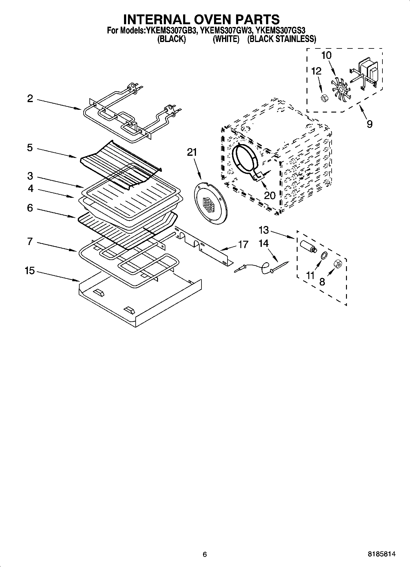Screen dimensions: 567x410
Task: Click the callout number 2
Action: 30,99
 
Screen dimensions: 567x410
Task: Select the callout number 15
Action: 30,271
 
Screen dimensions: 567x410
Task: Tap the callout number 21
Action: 192,152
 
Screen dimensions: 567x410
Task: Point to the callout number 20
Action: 270,195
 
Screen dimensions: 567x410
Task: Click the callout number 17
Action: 243,244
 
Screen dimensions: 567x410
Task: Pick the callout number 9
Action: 370,124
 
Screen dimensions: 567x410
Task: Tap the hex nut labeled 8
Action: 338,263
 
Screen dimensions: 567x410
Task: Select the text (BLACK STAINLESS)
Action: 281,39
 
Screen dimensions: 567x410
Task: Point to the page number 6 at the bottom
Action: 205,554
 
